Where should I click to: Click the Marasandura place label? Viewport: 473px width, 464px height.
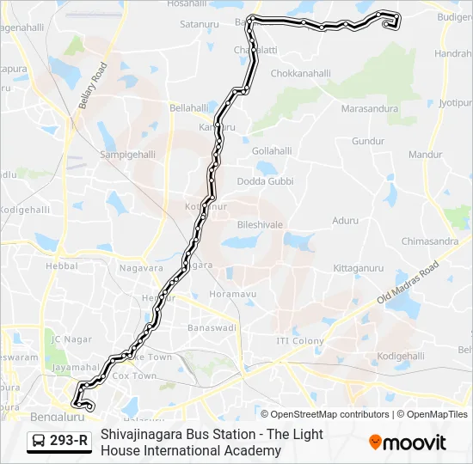point(370,109)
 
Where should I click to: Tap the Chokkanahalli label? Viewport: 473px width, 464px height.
point(301,74)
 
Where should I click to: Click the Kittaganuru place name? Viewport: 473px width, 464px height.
point(358,268)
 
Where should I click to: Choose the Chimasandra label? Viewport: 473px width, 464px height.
point(430,241)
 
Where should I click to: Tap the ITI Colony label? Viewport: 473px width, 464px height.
point(300,341)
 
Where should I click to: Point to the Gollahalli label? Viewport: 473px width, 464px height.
point(273,150)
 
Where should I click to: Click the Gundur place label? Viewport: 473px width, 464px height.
point(367,140)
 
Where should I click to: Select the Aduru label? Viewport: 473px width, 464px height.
point(346,221)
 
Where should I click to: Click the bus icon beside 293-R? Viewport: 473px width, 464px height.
point(39,442)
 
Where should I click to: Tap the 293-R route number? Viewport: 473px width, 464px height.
point(70,442)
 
